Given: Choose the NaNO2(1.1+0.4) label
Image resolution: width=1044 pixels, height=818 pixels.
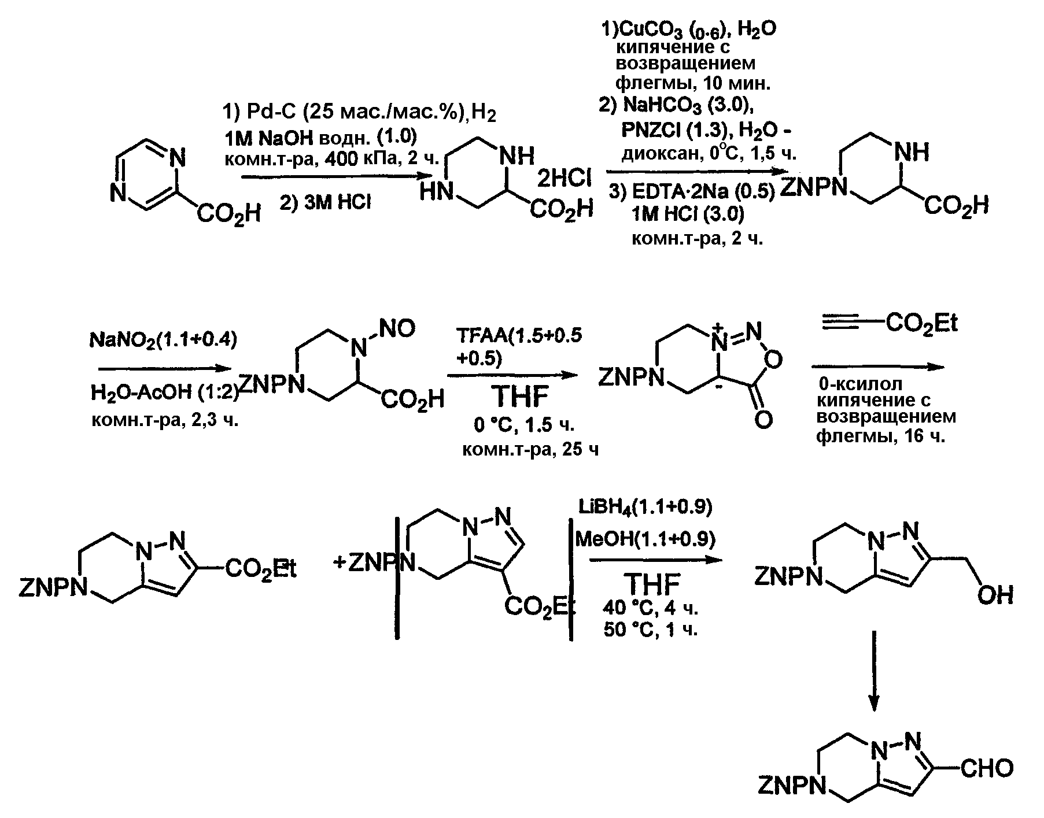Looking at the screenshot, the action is tap(163, 341).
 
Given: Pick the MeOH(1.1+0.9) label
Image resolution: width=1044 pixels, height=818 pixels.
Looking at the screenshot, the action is tap(645, 539).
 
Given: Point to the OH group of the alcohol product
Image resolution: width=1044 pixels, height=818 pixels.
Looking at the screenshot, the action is tap(995, 594).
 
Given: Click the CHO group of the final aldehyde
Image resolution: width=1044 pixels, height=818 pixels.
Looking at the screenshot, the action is tap(987, 768).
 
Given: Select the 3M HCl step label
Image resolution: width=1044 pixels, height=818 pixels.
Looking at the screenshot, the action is tap(325, 203).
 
